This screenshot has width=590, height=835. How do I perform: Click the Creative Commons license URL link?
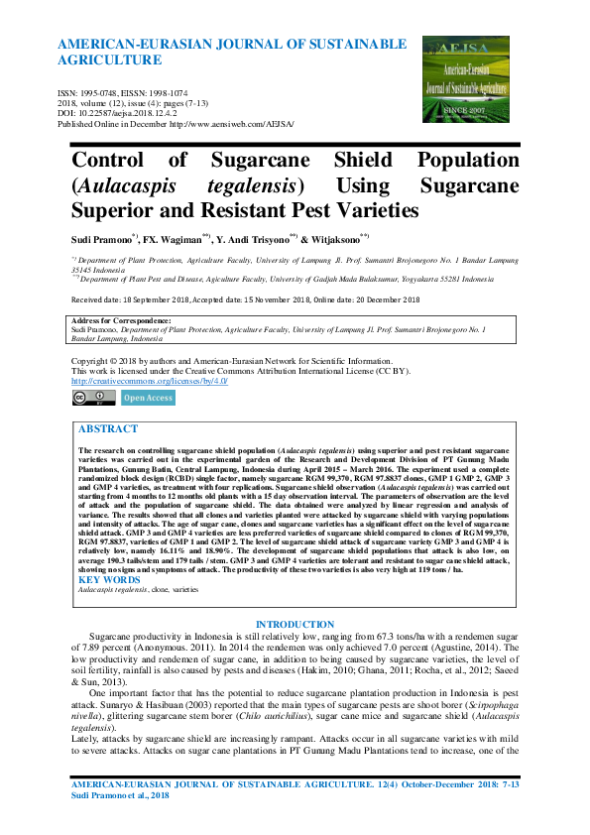(149, 381)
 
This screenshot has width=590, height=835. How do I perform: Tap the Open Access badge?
(148, 398)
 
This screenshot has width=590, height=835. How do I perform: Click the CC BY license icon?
(93, 398)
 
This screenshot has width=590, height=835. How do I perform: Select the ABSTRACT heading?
(107, 429)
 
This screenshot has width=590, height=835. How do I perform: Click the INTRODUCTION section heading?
(295, 624)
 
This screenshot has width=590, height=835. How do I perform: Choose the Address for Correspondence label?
(122, 321)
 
